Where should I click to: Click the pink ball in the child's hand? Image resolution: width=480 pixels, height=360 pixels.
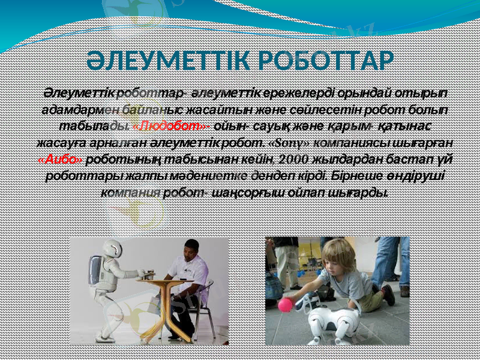pos(285,305)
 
